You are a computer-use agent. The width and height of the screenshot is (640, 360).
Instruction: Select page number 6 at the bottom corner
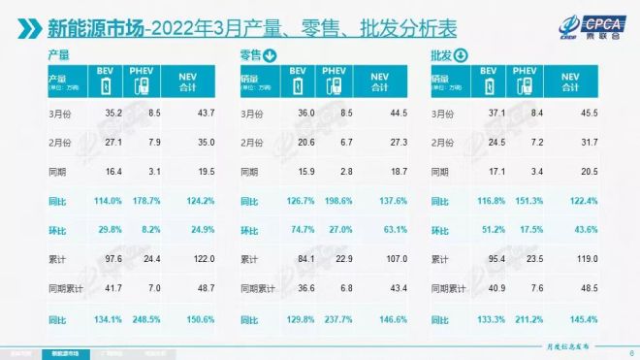click(630, 352)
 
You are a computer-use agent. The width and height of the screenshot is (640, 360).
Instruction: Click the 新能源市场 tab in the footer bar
click(68, 352)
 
